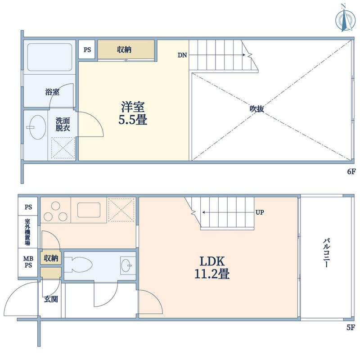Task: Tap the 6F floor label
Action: pyautogui.click(x=351, y=171)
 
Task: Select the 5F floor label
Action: pyautogui.click(x=351, y=328)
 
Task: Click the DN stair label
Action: pyautogui.click(x=182, y=55)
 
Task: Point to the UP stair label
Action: pyautogui.click(x=260, y=212)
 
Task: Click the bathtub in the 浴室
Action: pyautogui.click(x=49, y=57)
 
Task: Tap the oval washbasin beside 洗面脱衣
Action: pyautogui.click(x=38, y=127)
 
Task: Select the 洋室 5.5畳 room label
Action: pyautogui.click(x=133, y=113)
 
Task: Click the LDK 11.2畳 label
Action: pyautogui.click(x=212, y=267)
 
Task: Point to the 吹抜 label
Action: pyautogui.click(x=256, y=108)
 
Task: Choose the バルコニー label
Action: pyautogui.click(x=326, y=253)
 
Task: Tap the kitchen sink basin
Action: pyautogui.click(x=89, y=210)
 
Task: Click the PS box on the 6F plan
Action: pyautogui.click(x=87, y=49)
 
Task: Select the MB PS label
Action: pyautogui.click(x=28, y=262)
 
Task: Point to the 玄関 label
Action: pyautogui.click(x=51, y=299)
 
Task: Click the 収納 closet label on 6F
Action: pyautogui.click(x=124, y=49)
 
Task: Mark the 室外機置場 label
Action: pyautogui.click(x=27, y=232)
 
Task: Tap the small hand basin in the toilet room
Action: pyautogui.click(x=126, y=265)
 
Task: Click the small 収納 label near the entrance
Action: pyautogui.click(x=51, y=258)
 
